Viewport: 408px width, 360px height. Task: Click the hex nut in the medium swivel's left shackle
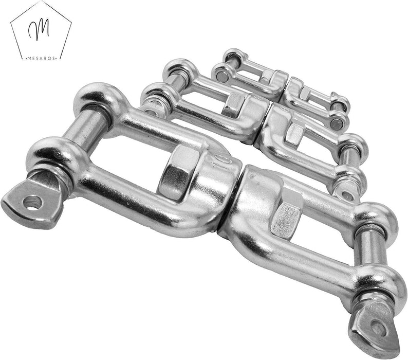coord(234,105)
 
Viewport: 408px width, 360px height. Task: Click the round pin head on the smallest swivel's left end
coord(222,76)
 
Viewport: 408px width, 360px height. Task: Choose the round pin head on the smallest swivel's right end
coord(336,123)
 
